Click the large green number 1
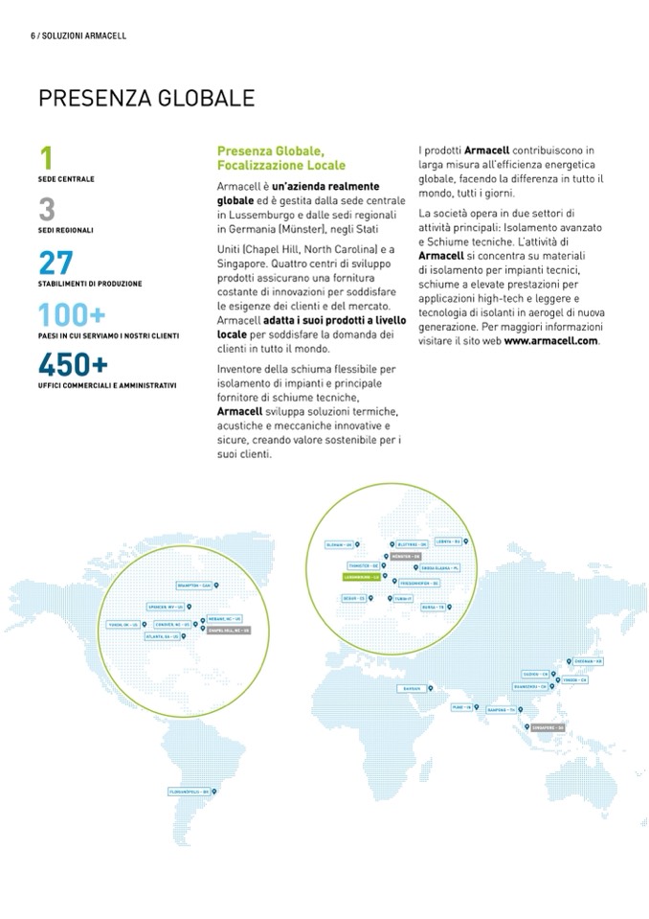pos(46,158)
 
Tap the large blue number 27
pos(56,262)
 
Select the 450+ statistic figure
pos(72,365)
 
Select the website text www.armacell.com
pos(550,340)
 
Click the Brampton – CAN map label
pos(192,585)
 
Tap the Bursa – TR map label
pos(434,607)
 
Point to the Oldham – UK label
pos(341,544)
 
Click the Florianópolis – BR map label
pos(189,791)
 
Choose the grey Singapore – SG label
pos(549,729)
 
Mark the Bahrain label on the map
pos(413,688)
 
